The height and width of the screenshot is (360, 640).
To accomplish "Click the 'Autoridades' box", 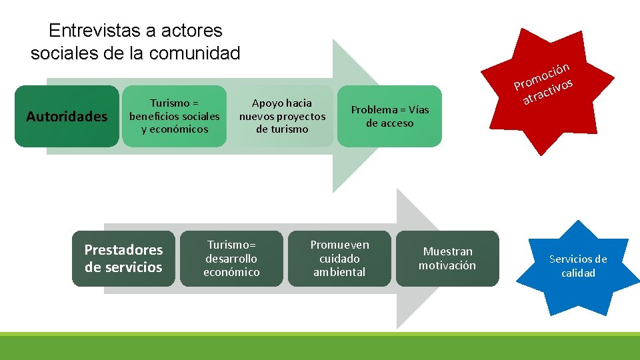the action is pyautogui.click(x=66, y=117).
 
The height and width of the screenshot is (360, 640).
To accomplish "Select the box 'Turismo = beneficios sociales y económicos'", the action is pyautogui.click(x=174, y=117).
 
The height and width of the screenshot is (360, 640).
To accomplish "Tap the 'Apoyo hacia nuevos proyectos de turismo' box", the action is pyautogui.click(x=281, y=117).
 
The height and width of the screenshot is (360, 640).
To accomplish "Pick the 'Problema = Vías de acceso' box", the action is pyautogui.click(x=390, y=117).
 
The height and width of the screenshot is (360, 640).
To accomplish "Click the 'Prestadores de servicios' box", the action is pyautogui.click(x=123, y=259).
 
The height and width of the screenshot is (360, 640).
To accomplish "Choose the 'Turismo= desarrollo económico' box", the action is pyautogui.click(x=231, y=259).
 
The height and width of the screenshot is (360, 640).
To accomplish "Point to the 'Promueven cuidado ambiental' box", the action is pyautogui.click(x=339, y=259).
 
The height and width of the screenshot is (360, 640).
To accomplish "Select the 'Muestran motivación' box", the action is pyautogui.click(x=447, y=259).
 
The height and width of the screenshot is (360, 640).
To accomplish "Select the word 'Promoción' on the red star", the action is pyautogui.click(x=541, y=76).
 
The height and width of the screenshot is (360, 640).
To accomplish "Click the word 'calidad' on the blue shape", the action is pyautogui.click(x=578, y=273).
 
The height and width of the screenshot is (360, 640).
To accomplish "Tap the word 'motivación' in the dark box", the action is pyautogui.click(x=447, y=265).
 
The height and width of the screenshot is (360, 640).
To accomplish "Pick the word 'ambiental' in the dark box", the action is pyautogui.click(x=339, y=272).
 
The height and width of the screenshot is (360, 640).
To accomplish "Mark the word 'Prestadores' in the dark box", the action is pyautogui.click(x=123, y=250).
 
